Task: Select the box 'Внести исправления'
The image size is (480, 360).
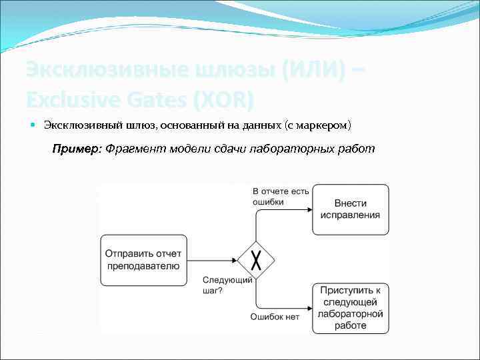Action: pyautogui.click(x=351, y=209)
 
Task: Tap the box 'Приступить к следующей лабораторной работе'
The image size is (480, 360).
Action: pyautogui.click(x=351, y=308)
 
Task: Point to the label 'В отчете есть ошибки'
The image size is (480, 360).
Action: pyautogui.click(x=281, y=196)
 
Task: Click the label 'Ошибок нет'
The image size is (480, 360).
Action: pyautogui.click(x=275, y=317)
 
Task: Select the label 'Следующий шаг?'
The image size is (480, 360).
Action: pyautogui.click(x=227, y=285)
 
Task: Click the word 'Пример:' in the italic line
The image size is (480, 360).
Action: pyautogui.click(x=77, y=148)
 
